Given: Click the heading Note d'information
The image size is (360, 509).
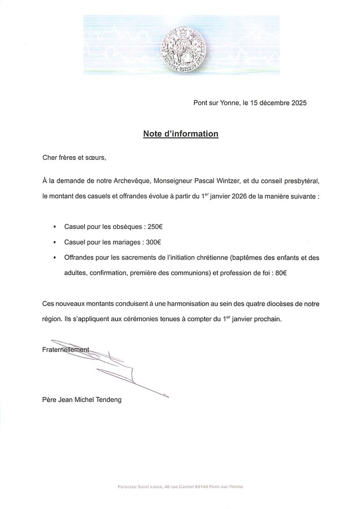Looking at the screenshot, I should pos(180,134).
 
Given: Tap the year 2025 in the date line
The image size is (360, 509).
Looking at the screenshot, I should pos(297,103).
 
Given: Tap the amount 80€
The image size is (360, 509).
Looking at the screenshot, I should pos(280,273).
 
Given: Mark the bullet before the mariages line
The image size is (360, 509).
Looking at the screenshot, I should pos(54,242).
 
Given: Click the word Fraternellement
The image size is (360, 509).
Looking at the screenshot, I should pos(65,349).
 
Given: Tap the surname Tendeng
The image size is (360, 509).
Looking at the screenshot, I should pos(106,400).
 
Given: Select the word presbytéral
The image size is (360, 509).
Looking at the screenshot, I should pos(301,181).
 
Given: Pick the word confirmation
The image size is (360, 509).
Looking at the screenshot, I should pos(108,273).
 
